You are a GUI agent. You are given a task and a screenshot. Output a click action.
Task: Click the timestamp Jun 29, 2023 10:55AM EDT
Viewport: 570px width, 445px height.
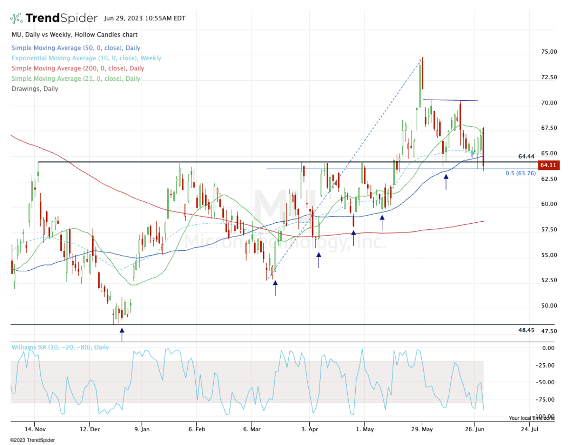coord(144,19)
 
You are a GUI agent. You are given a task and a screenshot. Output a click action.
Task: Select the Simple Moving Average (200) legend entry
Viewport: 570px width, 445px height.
coord(78,68)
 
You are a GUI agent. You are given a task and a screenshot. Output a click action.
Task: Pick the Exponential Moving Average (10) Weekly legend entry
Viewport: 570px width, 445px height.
coord(86,58)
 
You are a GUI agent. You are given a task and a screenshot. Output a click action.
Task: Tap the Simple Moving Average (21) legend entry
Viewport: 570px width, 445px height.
coord(76,78)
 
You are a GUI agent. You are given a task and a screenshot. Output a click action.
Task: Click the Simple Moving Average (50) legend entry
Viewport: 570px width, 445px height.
coord(76,48)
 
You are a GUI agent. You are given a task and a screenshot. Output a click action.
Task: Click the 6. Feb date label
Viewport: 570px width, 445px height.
coord(196,429)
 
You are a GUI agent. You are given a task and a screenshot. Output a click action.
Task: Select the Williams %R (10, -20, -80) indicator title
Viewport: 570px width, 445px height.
coord(60,347)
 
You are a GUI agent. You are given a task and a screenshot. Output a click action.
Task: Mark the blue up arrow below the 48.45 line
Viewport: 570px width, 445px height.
coord(122,334)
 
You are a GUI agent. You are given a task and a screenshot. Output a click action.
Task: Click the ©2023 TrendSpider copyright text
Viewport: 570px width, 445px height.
coord(32,440)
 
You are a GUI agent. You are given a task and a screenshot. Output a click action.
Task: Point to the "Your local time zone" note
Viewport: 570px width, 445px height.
coord(532,418)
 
